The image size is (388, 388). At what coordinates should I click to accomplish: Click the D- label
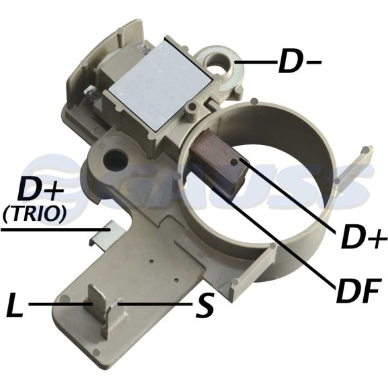pos(299,61)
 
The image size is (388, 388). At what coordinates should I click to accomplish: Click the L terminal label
pos(15,305)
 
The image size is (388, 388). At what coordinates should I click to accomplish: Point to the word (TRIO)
pos(34,213)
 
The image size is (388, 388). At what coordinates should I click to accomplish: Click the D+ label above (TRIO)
pos(38,191)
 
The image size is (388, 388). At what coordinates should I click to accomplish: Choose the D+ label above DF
pos(364,238)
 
